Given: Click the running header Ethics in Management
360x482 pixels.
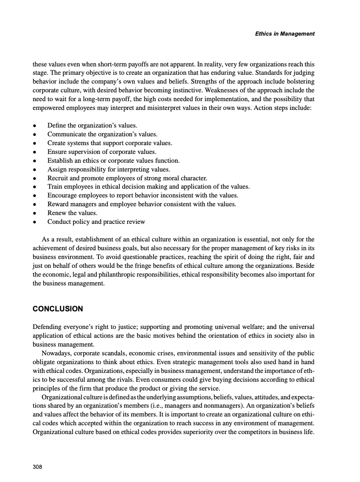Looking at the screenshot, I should click(x=285, y=34).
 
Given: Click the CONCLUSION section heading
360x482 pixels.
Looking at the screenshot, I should click(x=58, y=309).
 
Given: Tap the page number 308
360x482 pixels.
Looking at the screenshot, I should click(x=37, y=467).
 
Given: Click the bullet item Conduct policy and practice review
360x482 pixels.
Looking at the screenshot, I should click(x=96, y=222).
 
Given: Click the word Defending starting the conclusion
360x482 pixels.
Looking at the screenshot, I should click(x=49, y=327).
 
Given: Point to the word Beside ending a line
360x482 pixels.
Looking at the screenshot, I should click(x=305, y=266).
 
